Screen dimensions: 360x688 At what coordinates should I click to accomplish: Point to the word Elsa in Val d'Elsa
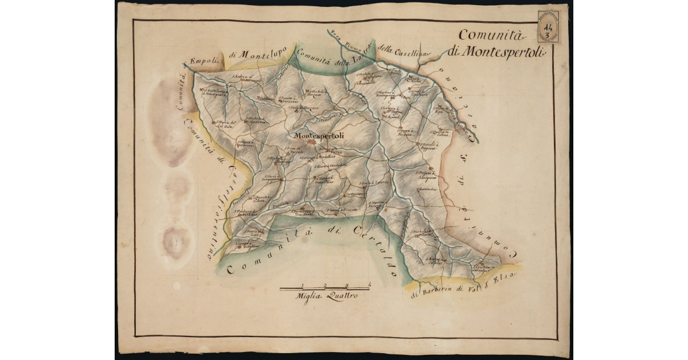pyautogui.click(x=507, y=276)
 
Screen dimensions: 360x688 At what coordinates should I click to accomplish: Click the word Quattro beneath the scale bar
pyautogui.click(x=341, y=296)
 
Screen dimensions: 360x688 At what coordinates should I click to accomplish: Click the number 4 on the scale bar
pyautogui.click(x=369, y=284)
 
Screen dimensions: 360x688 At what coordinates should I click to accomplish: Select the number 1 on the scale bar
pyautogui.click(x=303, y=284)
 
